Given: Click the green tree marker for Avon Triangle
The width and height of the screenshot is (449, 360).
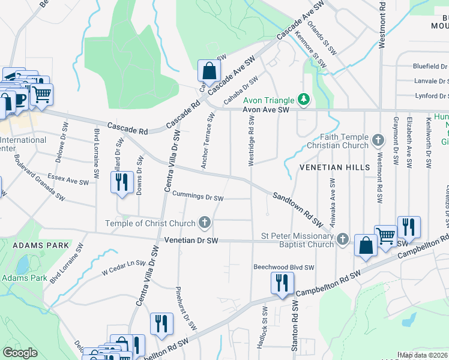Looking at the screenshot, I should [x=304, y=99].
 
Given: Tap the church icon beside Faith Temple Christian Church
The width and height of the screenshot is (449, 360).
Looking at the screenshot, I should [x=378, y=140].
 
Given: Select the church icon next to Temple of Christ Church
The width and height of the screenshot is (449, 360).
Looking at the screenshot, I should [x=205, y=223].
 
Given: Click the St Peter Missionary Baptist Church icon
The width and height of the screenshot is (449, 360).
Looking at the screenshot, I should [x=343, y=239].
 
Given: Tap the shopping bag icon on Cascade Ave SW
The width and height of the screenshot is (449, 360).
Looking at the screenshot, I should [x=208, y=71].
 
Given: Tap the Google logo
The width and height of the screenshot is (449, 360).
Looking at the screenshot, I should [x=20, y=353].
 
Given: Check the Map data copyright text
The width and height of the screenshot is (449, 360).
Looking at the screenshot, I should [x=423, y=355].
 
